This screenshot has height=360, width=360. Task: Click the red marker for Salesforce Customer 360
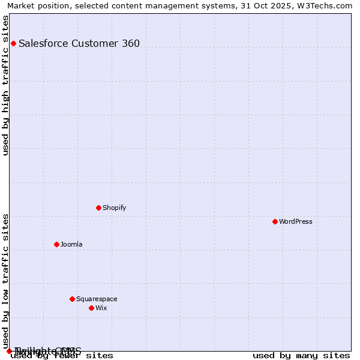click(x=13, y=43)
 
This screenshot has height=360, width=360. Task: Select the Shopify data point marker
click(x=98, y=208)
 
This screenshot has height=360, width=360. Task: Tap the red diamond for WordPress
click(x=275, y=221)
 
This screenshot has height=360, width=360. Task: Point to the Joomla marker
click(x=56, y=244)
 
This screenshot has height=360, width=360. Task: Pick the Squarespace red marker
click(x=72, y=299)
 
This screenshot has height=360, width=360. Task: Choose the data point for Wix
click(x=91, y=308)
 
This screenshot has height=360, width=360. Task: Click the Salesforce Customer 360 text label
click(x=79, y=43)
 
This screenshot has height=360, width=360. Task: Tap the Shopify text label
click(x=114, y=208)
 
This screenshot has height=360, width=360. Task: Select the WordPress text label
click(x=295, y=221)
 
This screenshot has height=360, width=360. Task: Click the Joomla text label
click(x=71, y=244)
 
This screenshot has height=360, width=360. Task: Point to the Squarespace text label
click(x=97, y=299)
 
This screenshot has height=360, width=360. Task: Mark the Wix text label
click(x=101, y=308)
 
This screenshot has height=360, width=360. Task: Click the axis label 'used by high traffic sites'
click(x=6, y=85)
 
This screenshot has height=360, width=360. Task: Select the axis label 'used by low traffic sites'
click(x=6, y=281)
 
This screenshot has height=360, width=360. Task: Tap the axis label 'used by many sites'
click(x=301, y=356)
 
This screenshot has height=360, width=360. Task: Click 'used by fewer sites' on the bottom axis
click(x=62, y=356)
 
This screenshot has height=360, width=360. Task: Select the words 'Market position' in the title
click(x=35, y=5)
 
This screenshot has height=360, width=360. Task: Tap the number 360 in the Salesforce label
click(x=131, y=43)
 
